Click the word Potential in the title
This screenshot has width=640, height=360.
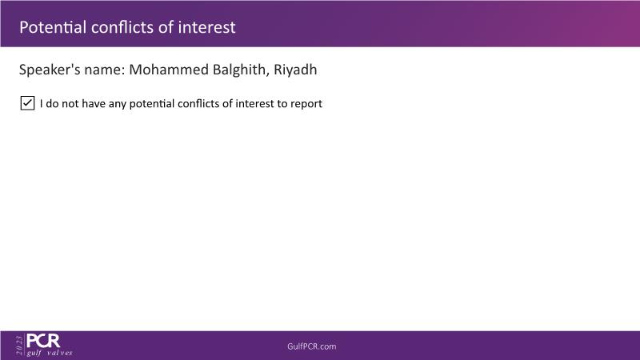53,27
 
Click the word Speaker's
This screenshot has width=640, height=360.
50,70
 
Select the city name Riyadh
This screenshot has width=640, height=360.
295,70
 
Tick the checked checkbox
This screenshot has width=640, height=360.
27,103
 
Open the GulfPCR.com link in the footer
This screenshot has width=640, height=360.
312,346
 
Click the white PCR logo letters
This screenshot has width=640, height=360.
43,341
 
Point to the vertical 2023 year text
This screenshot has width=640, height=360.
19,346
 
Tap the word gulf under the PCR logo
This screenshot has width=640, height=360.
34,353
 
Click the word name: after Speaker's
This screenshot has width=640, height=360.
105,70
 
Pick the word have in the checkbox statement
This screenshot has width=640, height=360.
94,104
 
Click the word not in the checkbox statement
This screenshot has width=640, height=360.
70,104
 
